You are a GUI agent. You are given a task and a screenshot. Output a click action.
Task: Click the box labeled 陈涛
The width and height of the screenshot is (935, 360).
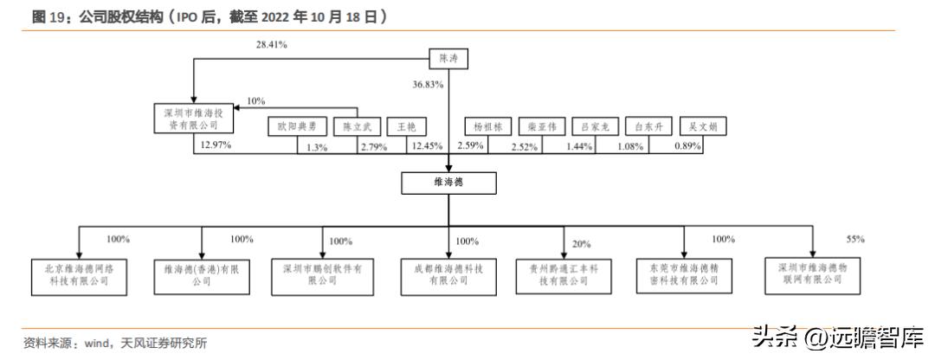coord(448,59)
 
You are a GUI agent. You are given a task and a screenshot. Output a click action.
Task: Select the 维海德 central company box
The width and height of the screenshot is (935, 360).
coord(448,183)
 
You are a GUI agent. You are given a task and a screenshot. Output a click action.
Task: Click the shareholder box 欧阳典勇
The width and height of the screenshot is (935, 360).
coord(297,126)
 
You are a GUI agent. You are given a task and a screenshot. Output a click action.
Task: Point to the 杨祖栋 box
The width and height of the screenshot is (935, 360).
coord(487,126)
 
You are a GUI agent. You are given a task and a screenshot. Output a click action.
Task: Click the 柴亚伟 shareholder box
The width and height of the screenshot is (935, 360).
coord(542,126)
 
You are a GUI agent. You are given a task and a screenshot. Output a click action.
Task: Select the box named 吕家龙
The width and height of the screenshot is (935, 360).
coord(596,126)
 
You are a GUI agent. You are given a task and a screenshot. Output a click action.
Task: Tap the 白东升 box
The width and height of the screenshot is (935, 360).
coord(648,126)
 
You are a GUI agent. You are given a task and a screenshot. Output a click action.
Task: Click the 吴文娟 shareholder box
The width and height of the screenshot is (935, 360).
coord(702,126)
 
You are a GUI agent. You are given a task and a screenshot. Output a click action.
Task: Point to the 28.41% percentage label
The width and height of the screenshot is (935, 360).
coord(271,42)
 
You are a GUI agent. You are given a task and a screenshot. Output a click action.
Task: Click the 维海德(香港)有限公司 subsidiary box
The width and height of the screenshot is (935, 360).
coord(201,274)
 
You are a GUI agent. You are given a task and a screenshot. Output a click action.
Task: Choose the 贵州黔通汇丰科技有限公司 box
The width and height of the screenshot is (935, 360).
coord(564,274)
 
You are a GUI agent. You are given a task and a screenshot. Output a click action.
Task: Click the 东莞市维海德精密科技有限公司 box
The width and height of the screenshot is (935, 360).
coord(683,274)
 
